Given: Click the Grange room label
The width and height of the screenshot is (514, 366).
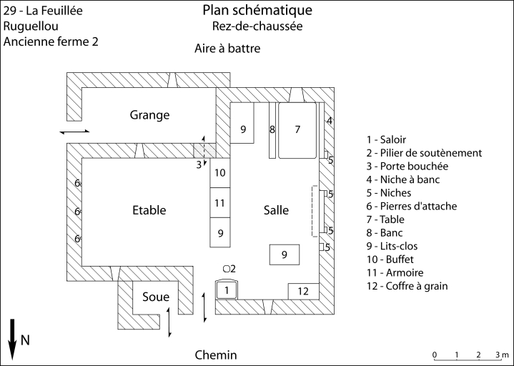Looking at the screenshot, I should click(149, 115).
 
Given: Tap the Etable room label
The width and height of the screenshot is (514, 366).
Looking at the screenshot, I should click(149, 210).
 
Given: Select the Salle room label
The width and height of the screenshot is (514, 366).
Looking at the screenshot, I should click(276, 210).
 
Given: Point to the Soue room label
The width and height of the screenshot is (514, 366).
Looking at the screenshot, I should click(155, 297).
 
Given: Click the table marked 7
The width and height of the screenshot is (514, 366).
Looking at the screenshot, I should click(298, 130).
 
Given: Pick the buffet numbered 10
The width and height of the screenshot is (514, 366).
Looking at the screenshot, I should click(220, 173).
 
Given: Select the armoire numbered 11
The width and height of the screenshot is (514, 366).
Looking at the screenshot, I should click(220, 203).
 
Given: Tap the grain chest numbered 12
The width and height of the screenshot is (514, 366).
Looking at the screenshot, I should click(303, 291).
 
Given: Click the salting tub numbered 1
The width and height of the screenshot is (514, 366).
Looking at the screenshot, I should click(227, 290).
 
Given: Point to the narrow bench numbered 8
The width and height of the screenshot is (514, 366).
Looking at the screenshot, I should click(272, 130).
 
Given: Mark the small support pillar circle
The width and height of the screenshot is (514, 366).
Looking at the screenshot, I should click(226, 268).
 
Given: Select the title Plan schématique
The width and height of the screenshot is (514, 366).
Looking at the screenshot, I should click(257, 11).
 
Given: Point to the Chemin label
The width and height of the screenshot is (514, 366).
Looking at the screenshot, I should click(216, 355).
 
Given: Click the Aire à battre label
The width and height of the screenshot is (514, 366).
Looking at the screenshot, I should click(227, 49).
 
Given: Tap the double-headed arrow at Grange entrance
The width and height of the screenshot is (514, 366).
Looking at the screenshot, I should click(75, 132).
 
